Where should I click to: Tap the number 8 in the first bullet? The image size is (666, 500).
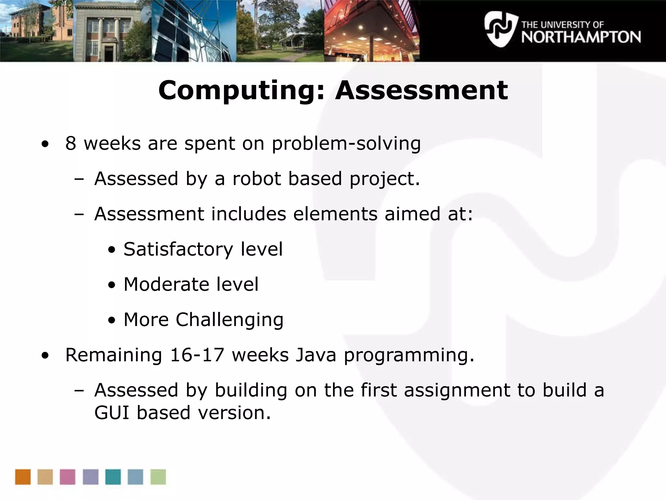(x=71, y=143)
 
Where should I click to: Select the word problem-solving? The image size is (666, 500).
(x=346, y=144)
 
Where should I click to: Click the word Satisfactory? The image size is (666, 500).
(x=178, y=249)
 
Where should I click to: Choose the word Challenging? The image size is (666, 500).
(x=229, y=320)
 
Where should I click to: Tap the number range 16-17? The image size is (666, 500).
(x=197, y=355)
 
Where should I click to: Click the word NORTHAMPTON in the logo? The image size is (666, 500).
(x=581, y=37)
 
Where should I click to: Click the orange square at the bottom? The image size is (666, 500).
(x=23, y=477)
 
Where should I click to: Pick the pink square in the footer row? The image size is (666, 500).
(x=68, y=477)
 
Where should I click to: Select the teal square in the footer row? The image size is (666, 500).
(x=113, y=477)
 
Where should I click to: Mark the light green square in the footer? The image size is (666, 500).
(x=158, y=477)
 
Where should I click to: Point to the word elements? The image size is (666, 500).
(x=335, y=214)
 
